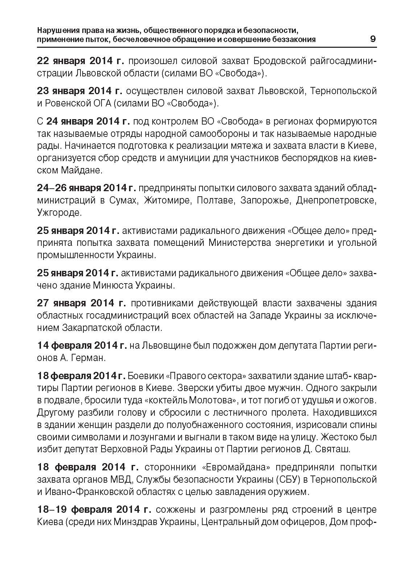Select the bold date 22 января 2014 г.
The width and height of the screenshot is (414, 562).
tap(80, 60)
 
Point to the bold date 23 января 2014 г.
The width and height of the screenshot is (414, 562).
tap(80, 91)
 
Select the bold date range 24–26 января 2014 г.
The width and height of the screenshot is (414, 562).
tap(86, 188)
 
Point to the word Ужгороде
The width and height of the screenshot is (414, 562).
tap(59, 213)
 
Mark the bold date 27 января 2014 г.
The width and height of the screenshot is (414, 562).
tap(82, 303)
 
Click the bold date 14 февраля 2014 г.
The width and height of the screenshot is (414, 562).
tap(82, 346)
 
